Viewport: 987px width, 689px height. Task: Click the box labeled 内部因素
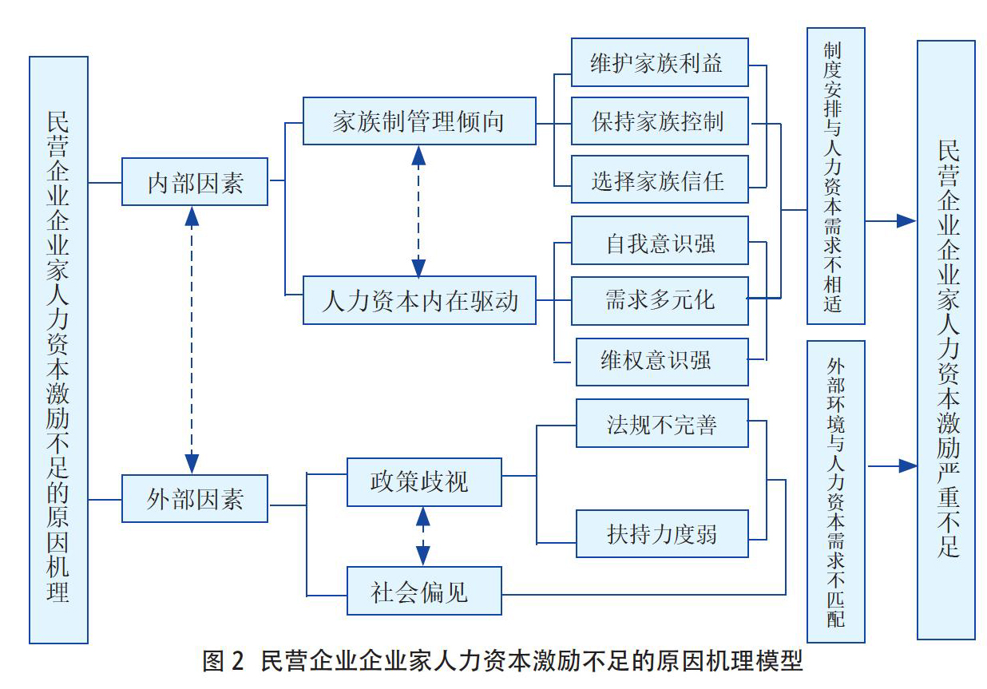tap(195, 181)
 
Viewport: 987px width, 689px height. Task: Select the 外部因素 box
tap(195, 499)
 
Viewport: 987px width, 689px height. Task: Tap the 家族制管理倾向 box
tap(419, 121)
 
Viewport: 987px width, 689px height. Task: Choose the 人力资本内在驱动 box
tap(419, 300)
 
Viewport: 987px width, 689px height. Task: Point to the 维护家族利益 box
tap(660, 62)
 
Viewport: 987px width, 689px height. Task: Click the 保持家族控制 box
tap(660, 121)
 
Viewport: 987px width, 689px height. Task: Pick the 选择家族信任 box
tap(660, 180)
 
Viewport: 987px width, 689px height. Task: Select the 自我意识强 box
tap(660, 240)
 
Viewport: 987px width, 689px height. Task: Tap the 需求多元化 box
tap(660, 301)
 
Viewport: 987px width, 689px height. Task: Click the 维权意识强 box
tap(662, 362)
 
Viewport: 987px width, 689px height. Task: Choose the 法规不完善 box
tap(662, 423)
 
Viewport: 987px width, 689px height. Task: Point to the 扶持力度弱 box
tap(662, 534)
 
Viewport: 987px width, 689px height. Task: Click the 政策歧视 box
tap(424, 482)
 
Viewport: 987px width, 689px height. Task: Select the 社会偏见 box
tap(424, 591)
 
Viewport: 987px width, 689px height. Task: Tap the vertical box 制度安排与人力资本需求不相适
tap(836, 176)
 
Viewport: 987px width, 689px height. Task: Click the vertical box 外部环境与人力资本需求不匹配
tap(836, 492)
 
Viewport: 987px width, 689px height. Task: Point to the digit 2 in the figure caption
tap(237, 662)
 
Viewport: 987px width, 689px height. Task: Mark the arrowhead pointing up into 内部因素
tap(192, 216)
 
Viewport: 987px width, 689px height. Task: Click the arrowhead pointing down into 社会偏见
tap(423, 556)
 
